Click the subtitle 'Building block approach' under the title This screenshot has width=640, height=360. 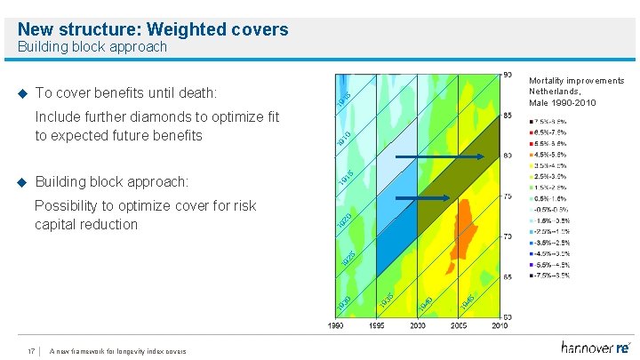92,47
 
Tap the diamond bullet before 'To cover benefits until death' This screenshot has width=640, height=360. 23,93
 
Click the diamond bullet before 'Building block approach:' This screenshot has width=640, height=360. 23,182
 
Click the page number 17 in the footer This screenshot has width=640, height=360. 31,350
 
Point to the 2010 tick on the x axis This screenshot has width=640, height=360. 500,326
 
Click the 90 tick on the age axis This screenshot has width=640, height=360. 507,74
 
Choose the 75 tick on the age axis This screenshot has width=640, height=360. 507,196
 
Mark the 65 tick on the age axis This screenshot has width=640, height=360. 507,277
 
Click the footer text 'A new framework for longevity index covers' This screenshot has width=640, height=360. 118,350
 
